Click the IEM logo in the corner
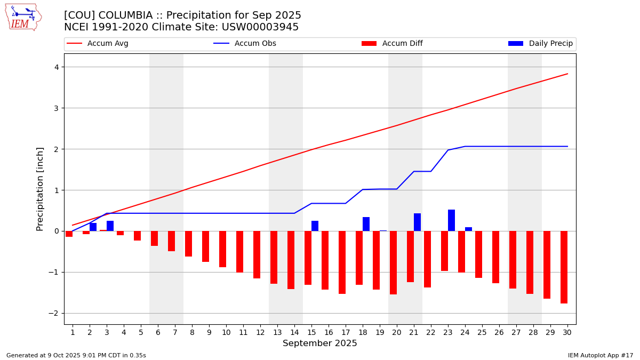[x=23, y=17]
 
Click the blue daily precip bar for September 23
[x=451, y=220]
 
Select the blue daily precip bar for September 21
[x=417, y=222]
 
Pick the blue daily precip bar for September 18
[x=366, y=224]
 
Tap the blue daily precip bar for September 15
[x=315, y=226]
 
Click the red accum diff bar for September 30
[x=564, y=267]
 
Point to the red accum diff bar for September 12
[x=257, y=255]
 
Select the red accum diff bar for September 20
[x=393, y=263]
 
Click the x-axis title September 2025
[x=320, y=343]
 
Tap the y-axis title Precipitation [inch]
[x=41, y=189]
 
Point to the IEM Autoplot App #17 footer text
[x=601, y=355]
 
